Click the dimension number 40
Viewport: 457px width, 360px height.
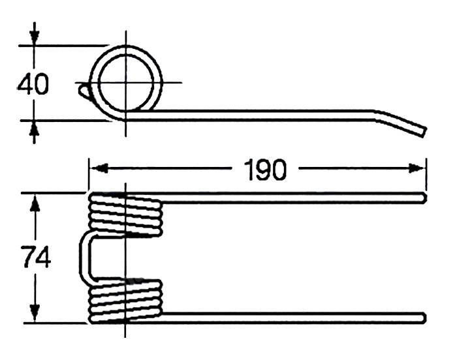pos(33,85)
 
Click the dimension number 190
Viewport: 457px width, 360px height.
pos(265,170)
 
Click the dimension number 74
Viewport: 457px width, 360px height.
pos(37,256)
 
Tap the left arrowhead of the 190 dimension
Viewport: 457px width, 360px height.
pos(99,168)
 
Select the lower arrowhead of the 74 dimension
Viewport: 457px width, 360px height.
pos(35,312)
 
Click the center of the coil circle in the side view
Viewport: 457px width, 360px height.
pos(126,83)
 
